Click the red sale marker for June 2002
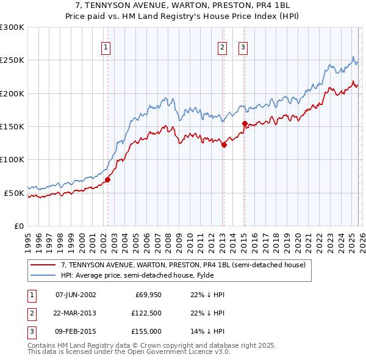(107, 179)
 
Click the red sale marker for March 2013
(224, 145)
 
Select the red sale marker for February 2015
(244, 123)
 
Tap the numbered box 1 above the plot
(106, 47)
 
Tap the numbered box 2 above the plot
(222, 47)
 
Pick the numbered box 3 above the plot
(243, 47)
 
